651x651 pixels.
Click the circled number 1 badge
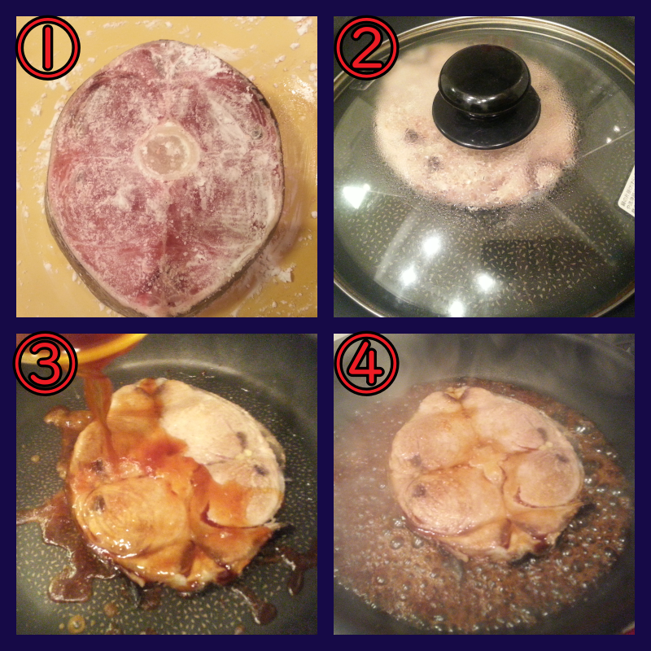48,48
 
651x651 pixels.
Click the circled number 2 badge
366,48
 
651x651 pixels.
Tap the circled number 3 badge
46,363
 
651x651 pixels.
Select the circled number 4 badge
366,363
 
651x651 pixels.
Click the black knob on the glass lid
486,96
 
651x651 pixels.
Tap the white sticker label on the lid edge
627,192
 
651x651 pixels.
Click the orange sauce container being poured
109,348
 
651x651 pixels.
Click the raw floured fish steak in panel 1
164,177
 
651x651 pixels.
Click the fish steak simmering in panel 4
487,471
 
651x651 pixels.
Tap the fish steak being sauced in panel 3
177,482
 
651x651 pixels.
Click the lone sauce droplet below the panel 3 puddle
76,623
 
